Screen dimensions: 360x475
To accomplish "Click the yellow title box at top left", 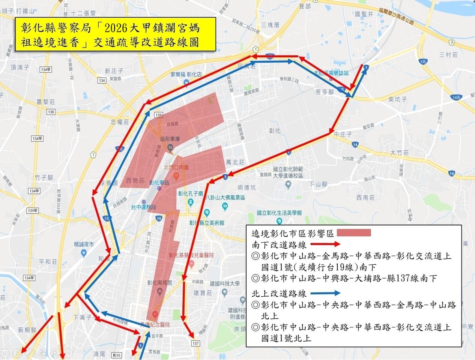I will point(116,34).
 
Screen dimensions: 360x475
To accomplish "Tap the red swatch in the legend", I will point(353,233).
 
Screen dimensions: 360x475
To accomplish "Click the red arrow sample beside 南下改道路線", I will point(330,245).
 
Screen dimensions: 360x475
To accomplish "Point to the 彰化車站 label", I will point(159,183).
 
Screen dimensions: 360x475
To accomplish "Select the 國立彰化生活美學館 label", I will point(279,213).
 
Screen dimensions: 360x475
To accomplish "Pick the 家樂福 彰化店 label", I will point(186,74).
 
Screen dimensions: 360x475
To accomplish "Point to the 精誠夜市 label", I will point(84,244).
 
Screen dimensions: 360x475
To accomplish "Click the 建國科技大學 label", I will point(224,284).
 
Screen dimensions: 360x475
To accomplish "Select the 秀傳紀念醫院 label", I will point(155,324).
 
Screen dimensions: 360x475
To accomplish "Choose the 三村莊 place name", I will point(449,55).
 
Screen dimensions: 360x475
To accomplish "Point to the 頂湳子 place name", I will point(20,67).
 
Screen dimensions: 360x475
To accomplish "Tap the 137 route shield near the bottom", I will point(195,343).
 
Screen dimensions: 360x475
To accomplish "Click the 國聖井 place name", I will point(364,14).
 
